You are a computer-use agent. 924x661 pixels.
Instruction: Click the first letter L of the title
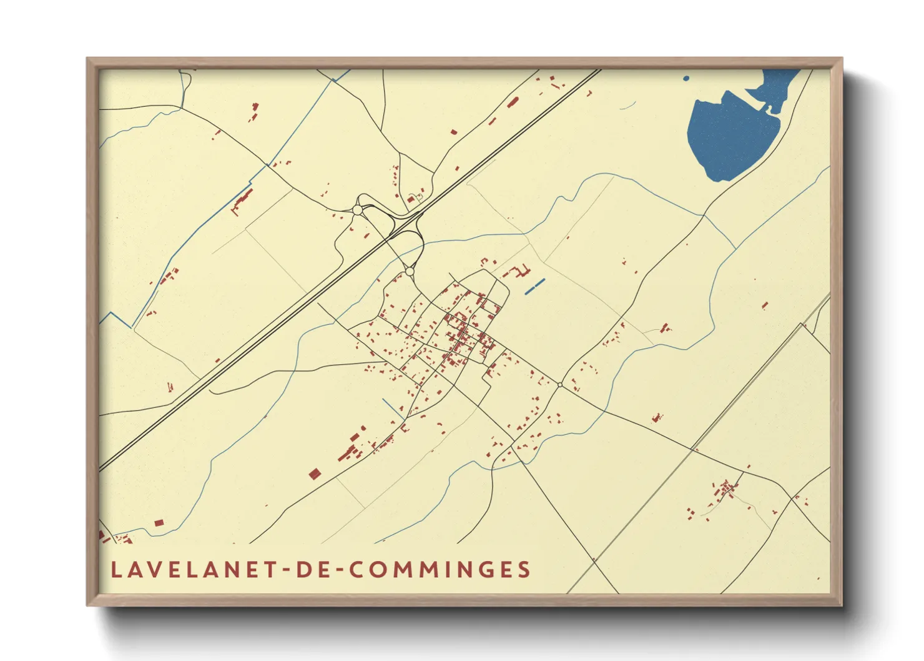pyautogui.click(x=115, y=570)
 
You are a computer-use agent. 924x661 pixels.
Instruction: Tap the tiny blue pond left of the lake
pyautogui.click(x=686, y=79)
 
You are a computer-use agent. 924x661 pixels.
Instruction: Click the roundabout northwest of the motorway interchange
pyautogui.click(x=357, y=211)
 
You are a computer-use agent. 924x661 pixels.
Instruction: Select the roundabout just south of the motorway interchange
pyautogui.click(x=410, y=272)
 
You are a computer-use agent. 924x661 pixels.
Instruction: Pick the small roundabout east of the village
pyautogui.click(x=560, y=385)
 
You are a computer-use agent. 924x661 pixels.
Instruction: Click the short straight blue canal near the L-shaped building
pyautogui.click(x=535, y=286)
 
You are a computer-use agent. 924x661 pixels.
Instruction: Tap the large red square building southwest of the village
pyautogui.click(x=315, y=474)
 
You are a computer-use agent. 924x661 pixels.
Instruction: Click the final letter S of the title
pyautogui.click(x=524, y=570)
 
